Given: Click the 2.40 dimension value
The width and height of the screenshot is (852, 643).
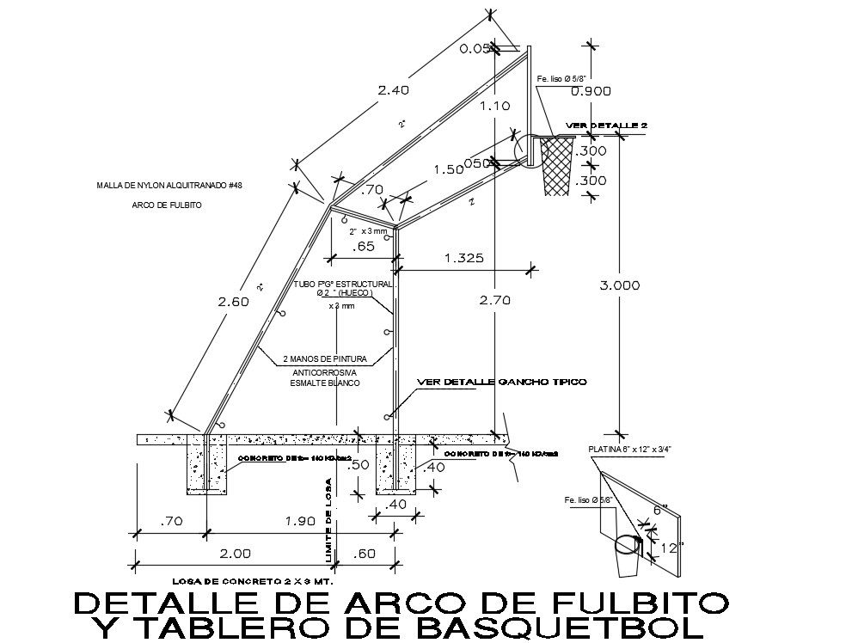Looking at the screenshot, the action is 391,89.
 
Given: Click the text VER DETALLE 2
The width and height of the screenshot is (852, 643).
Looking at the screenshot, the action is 607,126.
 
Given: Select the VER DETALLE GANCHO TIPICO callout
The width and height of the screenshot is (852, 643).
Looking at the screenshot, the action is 501,381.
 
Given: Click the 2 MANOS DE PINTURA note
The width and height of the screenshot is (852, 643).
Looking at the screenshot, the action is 326,358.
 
